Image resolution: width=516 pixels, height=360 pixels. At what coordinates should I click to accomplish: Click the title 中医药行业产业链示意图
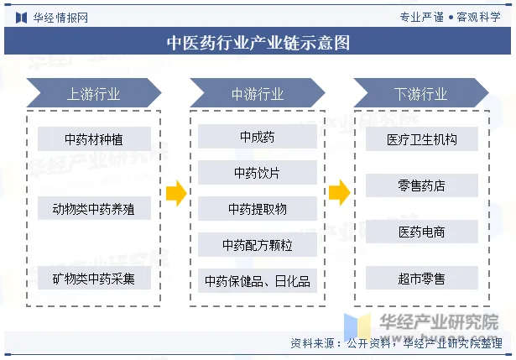258,42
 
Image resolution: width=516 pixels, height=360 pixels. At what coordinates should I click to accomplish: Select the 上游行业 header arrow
93,93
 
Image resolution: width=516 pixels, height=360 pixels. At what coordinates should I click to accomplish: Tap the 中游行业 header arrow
257,93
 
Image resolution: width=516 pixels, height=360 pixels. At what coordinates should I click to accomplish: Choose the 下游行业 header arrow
420,93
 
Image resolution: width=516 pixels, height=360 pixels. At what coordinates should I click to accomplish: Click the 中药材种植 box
94,138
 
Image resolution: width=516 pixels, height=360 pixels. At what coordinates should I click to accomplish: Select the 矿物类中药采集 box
94,278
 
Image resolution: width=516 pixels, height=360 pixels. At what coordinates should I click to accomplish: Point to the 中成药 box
257,137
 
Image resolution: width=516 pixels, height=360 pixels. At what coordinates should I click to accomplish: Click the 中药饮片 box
257,173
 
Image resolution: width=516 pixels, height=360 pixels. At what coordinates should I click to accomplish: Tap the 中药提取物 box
257,208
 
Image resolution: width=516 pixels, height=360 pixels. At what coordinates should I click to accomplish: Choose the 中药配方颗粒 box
257,244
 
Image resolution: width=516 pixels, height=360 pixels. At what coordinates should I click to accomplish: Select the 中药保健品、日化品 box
257,280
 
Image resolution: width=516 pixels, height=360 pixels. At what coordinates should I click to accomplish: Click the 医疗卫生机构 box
421,138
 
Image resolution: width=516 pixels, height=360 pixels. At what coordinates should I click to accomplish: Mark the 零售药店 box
421,185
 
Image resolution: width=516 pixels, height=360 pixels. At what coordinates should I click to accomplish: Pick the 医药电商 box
421,232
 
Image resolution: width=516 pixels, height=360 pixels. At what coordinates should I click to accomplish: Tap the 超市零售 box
421,278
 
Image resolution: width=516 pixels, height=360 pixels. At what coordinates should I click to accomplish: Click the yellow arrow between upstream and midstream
175,194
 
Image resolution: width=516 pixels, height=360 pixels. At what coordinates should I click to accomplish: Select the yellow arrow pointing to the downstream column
339,194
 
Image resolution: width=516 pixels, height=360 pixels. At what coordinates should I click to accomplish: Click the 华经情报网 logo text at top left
60,16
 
